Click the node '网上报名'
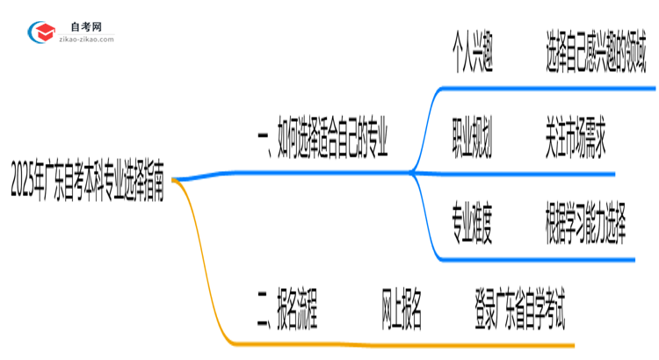(x=402, y=312)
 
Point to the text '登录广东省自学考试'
(x=519, y=312)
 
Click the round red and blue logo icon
(x=41, y=32)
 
